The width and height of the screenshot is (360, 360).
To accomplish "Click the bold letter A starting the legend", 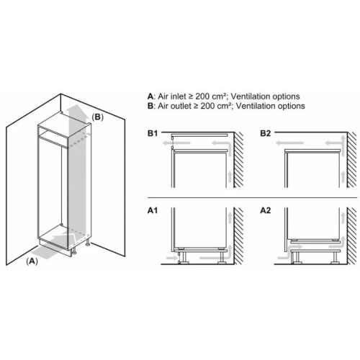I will click(x=150, y=96).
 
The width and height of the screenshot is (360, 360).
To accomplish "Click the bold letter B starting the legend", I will click(x=150, y=106).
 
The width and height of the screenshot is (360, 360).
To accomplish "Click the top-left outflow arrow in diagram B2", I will click(x=287, y=145).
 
